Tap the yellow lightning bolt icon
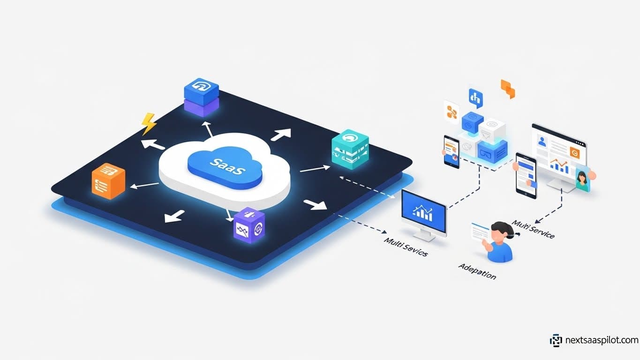(x=149, y=124)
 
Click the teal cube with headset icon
(x=350, y=149)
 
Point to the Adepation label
(x=477, y=271)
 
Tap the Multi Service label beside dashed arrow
(x=534, y=229)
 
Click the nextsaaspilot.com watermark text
(x=601, y=340)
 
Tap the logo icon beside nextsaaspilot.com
(x=556, y=340)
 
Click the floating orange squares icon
(x=508, y=89)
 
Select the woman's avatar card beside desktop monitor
(x=583, y=180)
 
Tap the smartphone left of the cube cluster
(x=452, y=151)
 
